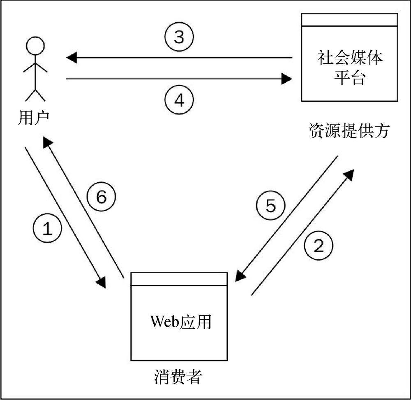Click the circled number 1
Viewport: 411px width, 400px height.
pos(48,229)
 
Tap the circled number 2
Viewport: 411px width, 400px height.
pos(319,246)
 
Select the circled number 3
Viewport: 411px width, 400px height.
pos(179,37)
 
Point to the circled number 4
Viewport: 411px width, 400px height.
pos(179,100)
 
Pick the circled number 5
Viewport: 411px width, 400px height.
pos(270,206)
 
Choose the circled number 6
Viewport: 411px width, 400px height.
pos(102,197)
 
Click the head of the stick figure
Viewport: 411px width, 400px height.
pos(35,45)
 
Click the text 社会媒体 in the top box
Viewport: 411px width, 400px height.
pos(349,58)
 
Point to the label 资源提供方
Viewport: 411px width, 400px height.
pos(349,132)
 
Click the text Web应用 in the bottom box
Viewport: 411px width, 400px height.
pos(180,321)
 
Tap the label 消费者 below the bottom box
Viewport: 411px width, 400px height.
pos(178,376)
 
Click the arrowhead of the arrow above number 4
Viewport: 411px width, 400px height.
pos(286,78)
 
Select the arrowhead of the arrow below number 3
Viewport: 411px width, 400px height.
pos(72,58)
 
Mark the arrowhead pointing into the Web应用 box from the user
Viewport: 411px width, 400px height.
pos(102,283)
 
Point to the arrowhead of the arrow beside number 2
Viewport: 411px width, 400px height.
pos(349,174)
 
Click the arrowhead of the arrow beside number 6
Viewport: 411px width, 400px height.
pos(47,142)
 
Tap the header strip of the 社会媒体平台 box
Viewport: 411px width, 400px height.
pos(349,20)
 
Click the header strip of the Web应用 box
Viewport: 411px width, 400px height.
pos(179,279)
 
